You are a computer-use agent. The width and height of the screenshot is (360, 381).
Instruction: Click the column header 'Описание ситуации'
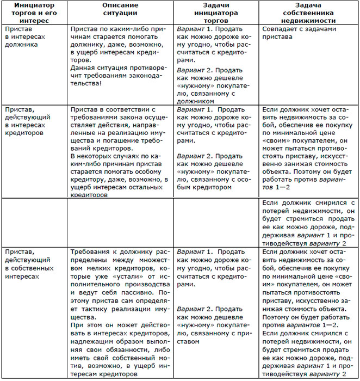pos(120,9)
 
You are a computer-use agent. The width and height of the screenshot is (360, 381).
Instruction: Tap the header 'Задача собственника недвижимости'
pos(309,13)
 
